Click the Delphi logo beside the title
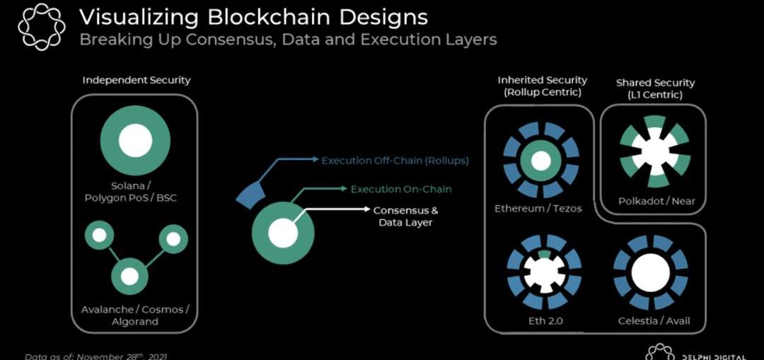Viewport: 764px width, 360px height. tap(41, 27)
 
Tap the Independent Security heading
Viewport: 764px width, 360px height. tap(136, 80)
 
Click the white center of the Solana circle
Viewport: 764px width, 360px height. tap(135, 140)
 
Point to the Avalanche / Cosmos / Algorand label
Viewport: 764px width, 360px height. tap(135, 315)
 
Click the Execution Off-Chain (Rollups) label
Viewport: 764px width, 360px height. tap(395, 161)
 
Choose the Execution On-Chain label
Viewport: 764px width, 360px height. tap(400, 189)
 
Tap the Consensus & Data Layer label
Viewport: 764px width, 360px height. tap(405, 216)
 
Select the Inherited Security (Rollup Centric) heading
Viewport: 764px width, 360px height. tap(542, 86)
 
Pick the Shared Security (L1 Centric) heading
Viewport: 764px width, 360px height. tap(655, 88)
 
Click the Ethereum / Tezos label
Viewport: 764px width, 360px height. tap(538, 209)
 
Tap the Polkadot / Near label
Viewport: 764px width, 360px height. tap(655, 201)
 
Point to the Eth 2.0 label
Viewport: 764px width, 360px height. tap(545, 321)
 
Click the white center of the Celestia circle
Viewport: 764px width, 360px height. tap(651, 272)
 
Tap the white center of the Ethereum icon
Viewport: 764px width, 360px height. tap(541, 161)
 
